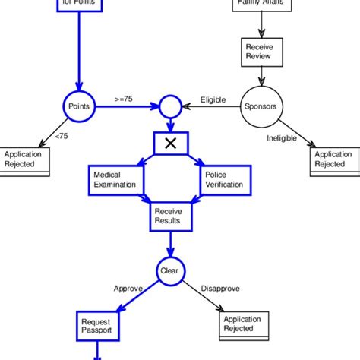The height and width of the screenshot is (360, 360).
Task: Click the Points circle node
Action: (78, 106)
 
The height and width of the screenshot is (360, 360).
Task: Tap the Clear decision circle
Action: (169, 270)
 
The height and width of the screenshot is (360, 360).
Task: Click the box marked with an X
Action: (170, 143)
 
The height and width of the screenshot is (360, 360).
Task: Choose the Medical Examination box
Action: (115, 179)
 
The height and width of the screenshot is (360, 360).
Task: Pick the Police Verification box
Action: (225, 179)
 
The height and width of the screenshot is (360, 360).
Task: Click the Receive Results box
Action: (170, 216)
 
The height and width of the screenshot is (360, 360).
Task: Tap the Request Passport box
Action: (98, 326)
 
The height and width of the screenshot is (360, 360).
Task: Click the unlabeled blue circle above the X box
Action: (169, 107)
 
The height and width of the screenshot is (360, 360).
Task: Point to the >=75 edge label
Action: (125, 99)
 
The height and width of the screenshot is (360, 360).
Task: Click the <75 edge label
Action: (62, 137)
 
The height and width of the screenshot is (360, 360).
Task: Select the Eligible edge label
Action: (213, 99)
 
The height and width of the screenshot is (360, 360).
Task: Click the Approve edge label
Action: (128, 289)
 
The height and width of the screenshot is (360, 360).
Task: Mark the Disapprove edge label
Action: (220, 289)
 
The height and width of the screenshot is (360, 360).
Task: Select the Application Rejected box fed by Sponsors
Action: (334, 160)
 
